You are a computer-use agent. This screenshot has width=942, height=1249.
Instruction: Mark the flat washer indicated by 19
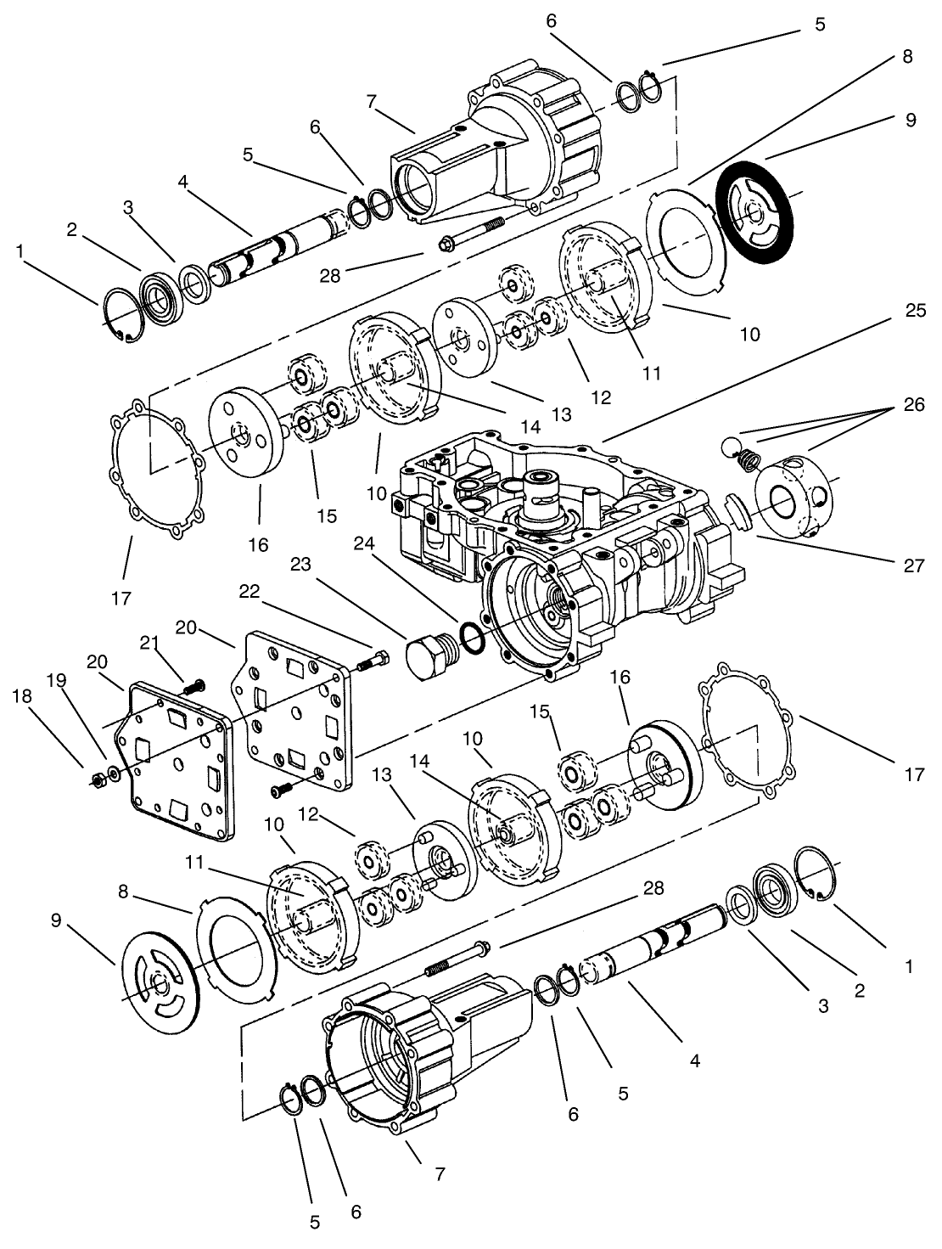113,774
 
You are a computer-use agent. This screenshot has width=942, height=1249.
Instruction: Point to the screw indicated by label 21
194,683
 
